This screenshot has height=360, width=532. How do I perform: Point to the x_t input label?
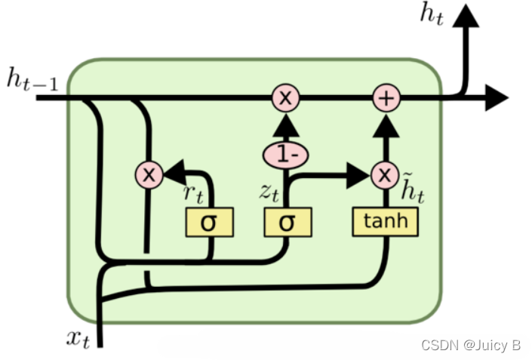[77, 339]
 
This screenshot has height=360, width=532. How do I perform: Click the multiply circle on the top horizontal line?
[286, 97]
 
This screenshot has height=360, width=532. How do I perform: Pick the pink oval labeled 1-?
[286, 155]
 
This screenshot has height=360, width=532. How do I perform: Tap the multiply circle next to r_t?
[149, 175]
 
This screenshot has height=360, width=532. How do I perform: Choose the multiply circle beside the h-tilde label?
[385, 176]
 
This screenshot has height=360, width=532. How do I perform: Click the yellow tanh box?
[385, 220]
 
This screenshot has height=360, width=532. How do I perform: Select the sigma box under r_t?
[209, 222]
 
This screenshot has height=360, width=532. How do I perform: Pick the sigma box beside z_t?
[286, 222]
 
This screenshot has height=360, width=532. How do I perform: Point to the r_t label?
[193, 192]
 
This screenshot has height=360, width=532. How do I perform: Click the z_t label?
[269, 192]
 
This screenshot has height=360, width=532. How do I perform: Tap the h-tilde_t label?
[412, 189]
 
